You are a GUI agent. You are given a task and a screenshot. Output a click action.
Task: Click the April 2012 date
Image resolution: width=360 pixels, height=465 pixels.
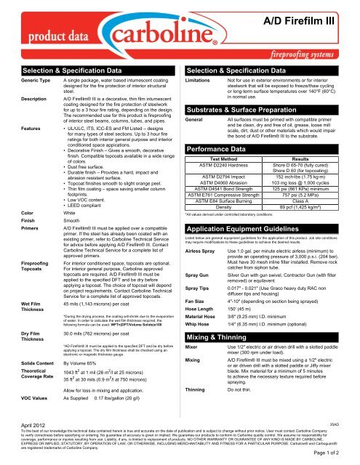coord(17,442)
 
